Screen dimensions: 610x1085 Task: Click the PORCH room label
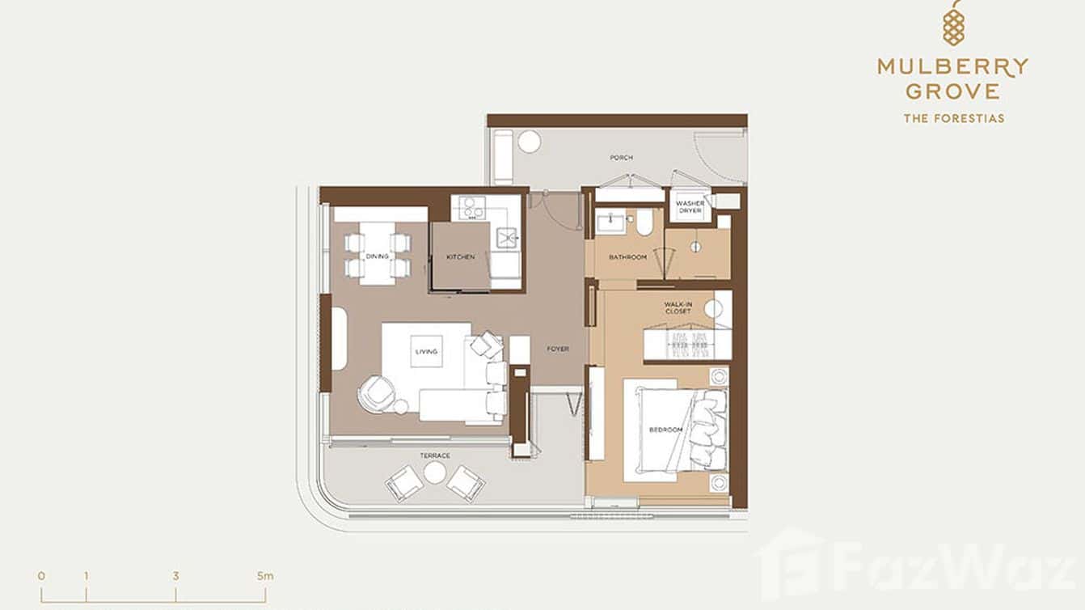pos(621,158)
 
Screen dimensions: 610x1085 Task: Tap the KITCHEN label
pos(460,257)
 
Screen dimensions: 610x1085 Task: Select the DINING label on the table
pos(377,256)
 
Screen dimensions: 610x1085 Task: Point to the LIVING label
pos(426,351)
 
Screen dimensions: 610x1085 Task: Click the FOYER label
pos(558,349)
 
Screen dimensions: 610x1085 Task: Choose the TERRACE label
pos(435,455)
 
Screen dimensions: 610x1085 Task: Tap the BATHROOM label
pos(627,257)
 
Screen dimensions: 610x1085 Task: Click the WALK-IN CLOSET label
pos(678,308)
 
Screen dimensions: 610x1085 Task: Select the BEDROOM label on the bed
pos(665,430)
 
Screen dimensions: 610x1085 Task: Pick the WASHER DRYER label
pos(690,207)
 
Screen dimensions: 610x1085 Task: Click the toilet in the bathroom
pos(644,222)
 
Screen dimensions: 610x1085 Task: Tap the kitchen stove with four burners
pos(471,209)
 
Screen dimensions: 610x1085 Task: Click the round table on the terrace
pos(435,472)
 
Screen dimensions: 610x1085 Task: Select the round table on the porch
pos(529,142)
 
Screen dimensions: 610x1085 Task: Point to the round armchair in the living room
pos(376,396)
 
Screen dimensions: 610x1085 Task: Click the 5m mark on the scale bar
pos(265,576)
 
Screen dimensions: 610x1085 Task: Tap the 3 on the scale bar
pos(175,576)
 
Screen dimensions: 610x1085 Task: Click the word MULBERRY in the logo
pos(953,66)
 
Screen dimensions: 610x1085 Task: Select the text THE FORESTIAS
pos(953,118)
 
